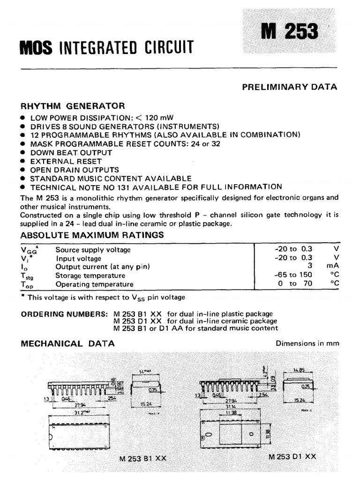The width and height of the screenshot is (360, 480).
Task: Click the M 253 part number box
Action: (289, 31)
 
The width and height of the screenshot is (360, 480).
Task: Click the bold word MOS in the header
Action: (36, 47)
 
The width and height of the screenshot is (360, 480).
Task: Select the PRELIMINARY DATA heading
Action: (289, 87)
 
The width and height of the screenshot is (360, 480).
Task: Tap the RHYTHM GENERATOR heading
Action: (73, 106)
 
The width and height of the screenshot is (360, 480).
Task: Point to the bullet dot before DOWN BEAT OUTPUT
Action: (23, 153)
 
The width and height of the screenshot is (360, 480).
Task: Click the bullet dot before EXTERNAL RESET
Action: (23, 161)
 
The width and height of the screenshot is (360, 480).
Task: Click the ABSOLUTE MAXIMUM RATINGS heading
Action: (92, 235)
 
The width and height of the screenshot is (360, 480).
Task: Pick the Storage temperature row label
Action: (90, 276)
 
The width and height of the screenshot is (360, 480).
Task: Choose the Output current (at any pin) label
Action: (102, 267)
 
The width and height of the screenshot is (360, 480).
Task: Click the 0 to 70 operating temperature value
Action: (294, 284)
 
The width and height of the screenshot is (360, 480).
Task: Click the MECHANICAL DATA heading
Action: (68, 344)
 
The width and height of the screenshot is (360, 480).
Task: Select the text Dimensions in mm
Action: (307, 344)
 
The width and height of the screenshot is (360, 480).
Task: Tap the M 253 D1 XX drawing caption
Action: (292, 456)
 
